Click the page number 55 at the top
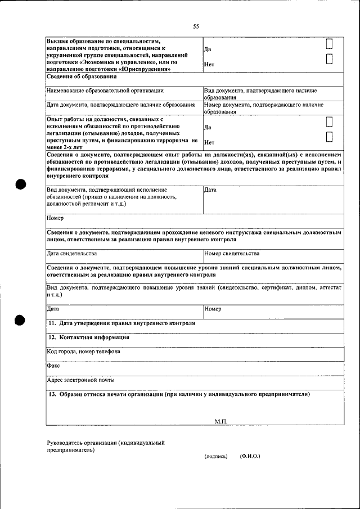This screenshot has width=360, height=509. click(196, 26)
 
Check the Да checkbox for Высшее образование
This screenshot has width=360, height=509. click(330, 44)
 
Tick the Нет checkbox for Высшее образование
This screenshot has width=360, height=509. click(330, 59)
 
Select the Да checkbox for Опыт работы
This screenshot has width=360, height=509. click(330, 122)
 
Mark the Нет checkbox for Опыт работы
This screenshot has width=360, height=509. click(330, 137)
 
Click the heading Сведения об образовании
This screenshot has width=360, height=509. click(82, 76)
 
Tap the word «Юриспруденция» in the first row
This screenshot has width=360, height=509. click(145, 69)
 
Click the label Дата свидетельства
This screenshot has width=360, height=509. click(76, 254)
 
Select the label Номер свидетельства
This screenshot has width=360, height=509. click(232, 254)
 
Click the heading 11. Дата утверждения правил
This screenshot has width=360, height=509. click(121, 323)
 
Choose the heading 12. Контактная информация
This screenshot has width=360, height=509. click(89, 337)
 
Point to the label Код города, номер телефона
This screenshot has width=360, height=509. click(84, 352)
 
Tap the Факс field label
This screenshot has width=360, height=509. click(53, 366)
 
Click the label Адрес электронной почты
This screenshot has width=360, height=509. click(80, 380)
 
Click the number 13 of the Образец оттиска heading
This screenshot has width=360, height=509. click(52, 394)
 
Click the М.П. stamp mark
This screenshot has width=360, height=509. click(221, 421)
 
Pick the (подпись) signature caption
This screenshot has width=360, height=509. click(216, 456)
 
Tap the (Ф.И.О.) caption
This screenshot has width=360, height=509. click(250, 456)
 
